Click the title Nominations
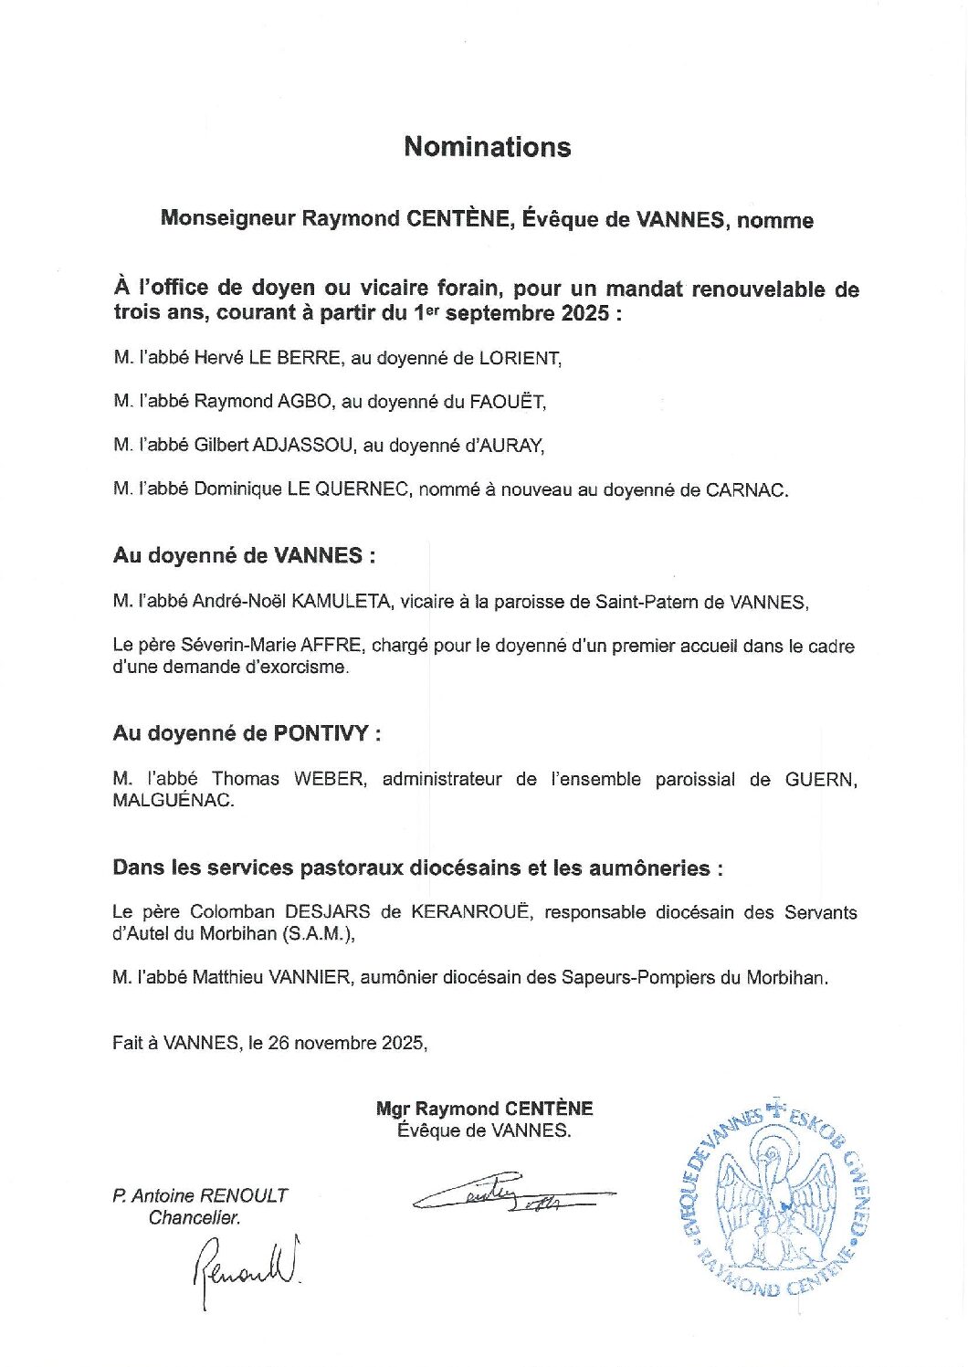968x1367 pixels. pyautogui.click(x=487, y=147)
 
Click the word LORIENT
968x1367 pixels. pyautogui.click(x=520, y=358)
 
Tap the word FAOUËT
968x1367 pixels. pyautogui.click(x=507, y=402)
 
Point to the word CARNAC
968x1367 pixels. pyautogui.click(x=745, y=489)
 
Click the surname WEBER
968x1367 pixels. pyautogui.click(x=330, y=779)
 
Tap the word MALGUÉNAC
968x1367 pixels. pyautogui.click(x=173, y=801)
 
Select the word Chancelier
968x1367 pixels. pyautogui.click(x=195, y=1217)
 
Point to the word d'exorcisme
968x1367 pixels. pyautogui.click(x=302, y=668)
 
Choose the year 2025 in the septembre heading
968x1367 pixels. pyautogui.click(x=582, y=314)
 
